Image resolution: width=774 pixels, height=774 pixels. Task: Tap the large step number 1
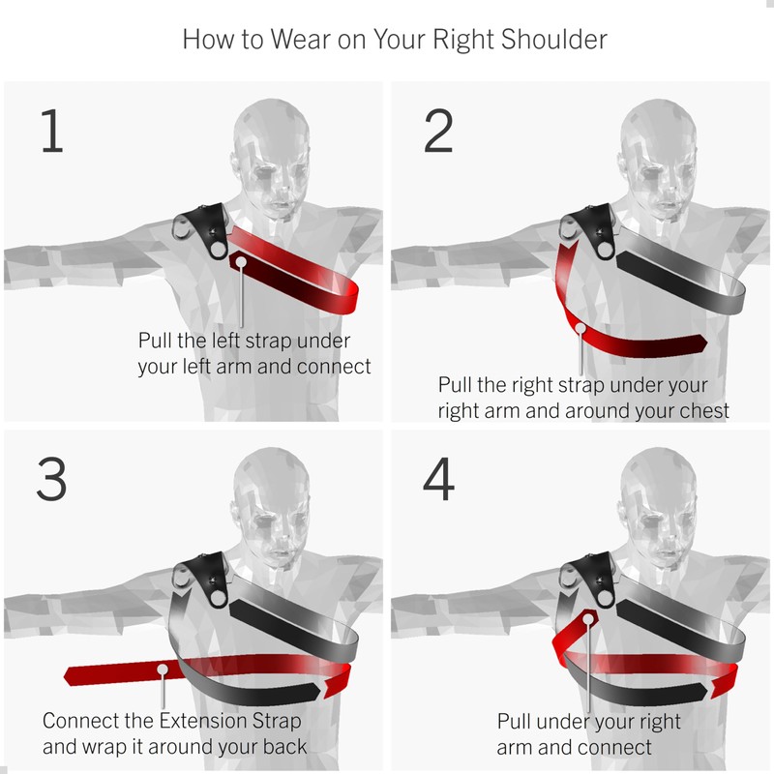[x=52, y=131]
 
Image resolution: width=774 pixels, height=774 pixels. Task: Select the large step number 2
[x=438, y=131]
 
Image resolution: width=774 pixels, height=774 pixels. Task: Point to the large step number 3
[x=51, y=479]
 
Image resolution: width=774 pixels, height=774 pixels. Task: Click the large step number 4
[x=438, y=479]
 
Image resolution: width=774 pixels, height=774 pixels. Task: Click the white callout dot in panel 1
[x=241, y=262]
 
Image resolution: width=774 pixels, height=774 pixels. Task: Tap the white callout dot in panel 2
[x=580, y=328]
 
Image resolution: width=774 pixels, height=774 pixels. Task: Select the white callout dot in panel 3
[x=163, y=670]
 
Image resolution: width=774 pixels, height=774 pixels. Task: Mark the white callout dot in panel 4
[x=588, y=619]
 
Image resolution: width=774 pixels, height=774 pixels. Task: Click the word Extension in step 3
[x=203, y=721]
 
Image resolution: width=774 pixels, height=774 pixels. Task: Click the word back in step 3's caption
[x=284, y=746]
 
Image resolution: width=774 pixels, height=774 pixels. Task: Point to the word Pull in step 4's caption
[x=514, y=722]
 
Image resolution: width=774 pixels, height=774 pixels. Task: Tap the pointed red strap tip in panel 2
[x=703, y=342]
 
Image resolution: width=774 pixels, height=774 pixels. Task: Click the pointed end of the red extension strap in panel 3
[x=68, y=675]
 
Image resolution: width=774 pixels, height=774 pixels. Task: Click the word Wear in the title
[x=300, y=40]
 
